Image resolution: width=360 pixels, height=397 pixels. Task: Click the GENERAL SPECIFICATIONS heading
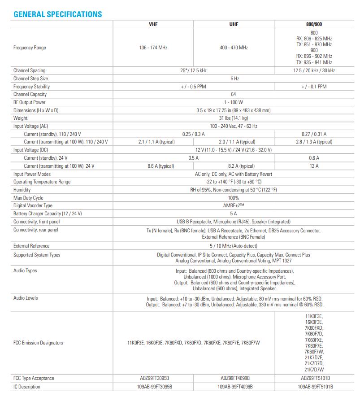[58, 14]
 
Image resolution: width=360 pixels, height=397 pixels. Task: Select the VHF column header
[153, 25]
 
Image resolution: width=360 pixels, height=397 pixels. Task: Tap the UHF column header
[234, 25]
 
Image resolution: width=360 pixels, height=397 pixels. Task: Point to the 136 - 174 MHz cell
[153, 48]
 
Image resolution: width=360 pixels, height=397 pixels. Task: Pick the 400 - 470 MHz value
[234, 48]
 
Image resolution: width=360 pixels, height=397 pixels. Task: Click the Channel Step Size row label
[30, 79]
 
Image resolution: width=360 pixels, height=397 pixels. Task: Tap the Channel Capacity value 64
[233, 94]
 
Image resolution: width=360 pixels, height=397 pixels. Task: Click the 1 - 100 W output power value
[233, 102]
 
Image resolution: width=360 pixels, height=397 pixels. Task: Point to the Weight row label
[21, 118]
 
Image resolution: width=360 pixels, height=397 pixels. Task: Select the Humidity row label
[22, 190]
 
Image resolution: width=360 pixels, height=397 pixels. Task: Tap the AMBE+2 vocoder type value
[233, 206]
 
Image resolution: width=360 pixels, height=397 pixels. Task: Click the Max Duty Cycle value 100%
[233, 198]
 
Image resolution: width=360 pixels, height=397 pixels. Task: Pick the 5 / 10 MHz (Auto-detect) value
[233, 246]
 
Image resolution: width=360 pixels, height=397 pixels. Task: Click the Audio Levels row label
[26, 298]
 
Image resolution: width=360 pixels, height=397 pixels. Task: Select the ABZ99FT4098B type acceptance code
[234, 378]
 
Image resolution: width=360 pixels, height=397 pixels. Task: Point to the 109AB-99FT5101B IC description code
[315, 387]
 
